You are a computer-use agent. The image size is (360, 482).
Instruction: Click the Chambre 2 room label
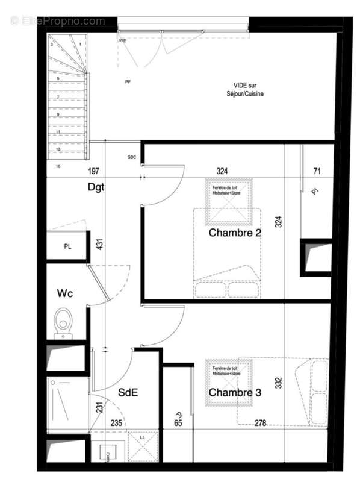point(235,233)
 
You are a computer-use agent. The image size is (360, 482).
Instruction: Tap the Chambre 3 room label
point(235,393)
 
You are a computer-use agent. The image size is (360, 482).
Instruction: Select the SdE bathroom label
point(128,392)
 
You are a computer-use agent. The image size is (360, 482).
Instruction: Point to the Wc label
point(65,293)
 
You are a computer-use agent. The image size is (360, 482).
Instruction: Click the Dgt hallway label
point(96,187)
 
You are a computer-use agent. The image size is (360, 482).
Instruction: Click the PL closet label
point(68,246)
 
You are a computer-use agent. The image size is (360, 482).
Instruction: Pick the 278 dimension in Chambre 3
point(259,423)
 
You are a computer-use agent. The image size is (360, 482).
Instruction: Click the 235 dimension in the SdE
point(117,423)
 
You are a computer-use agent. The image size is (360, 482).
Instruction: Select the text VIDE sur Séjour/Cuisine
point(249,90)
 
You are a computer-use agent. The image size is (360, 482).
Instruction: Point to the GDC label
point(132,157)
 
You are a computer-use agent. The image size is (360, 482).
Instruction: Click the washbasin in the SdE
point(109,449)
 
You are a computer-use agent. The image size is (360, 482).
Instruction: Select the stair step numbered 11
point(58,131)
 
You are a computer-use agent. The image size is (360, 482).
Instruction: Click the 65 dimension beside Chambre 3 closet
point(178,423)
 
